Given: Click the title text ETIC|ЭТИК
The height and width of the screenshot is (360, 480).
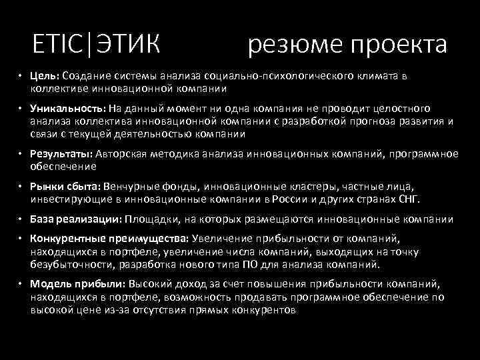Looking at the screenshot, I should [96, 45].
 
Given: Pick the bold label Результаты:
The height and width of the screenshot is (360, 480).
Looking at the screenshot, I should [61, 153].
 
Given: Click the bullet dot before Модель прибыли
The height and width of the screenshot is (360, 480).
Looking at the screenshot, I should [21, 283].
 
